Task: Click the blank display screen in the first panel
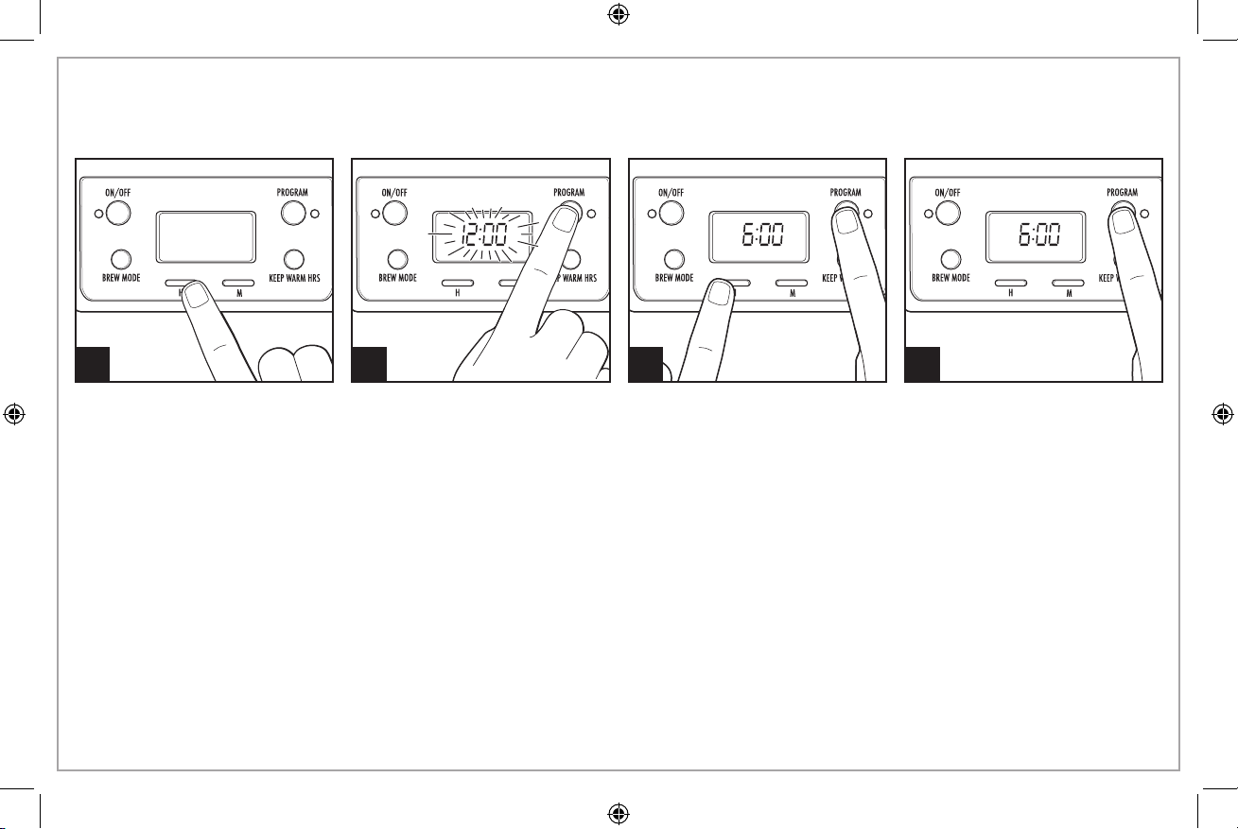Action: click(x=205, y=236)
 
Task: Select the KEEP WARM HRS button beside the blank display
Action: click(x=293, y=258)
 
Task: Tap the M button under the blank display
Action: click(x=239, y=283)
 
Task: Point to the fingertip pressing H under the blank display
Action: click(x=196, y=296)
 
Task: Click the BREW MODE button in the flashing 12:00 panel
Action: click(x=397, y=259)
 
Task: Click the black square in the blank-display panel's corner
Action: click(x=93, y=364)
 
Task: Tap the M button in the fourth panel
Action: click(x=1068, y=283)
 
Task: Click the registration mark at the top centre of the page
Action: click(x=619, y=14)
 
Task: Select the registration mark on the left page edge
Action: click(x=14, y=414)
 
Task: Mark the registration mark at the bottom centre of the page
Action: click(x=619, y=813)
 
